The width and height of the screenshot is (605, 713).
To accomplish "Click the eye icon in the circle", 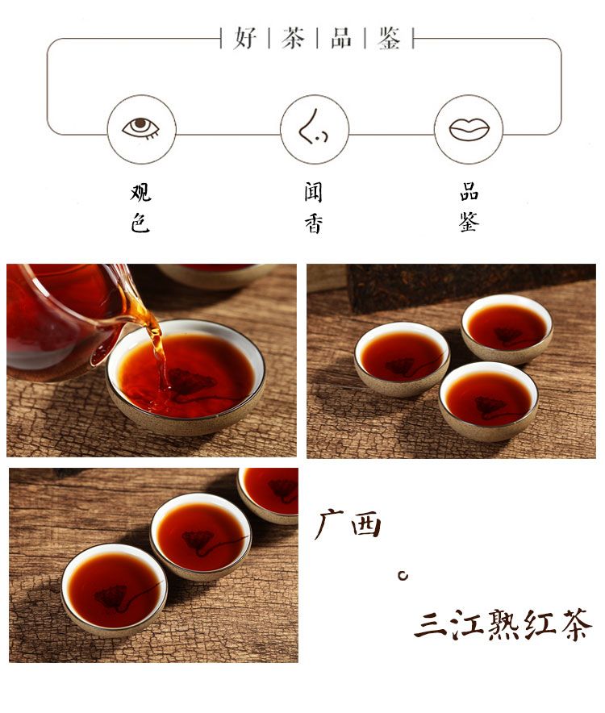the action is click(x=141, y=127).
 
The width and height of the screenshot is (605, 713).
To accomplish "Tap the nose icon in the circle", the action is click(x=313, y=127).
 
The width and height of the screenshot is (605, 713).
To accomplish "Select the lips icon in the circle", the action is click(x=469, y=129).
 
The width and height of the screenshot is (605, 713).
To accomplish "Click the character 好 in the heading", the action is click(x=245, y=38).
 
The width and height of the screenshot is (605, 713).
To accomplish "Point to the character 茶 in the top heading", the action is click(x=293, y=38).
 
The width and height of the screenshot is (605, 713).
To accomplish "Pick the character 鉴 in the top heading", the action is click(x=389, y=38).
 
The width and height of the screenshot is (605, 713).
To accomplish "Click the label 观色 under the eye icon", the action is click(x=140, y=208).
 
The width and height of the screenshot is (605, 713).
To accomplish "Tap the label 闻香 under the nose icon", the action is click(x=314, y=208).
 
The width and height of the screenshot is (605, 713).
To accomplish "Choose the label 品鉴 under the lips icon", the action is click(x=469, y=207).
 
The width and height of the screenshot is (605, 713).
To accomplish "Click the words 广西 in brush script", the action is click(x=348, y=525).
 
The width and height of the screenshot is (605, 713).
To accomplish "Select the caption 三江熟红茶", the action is click(x=503, y=624).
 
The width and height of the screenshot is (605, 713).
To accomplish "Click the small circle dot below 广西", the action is click(x=403, y=576).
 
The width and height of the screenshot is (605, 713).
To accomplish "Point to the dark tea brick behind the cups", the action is click(x=471, y=286).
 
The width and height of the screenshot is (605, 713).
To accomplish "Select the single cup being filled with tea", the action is click(x=186, y=377).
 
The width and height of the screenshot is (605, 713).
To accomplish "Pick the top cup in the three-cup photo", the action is click(x=507, y=329).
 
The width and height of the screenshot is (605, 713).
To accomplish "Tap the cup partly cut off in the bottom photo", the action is click(x=269, y=494).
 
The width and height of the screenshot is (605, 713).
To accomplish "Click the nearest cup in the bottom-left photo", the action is click(x=115, y=590).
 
